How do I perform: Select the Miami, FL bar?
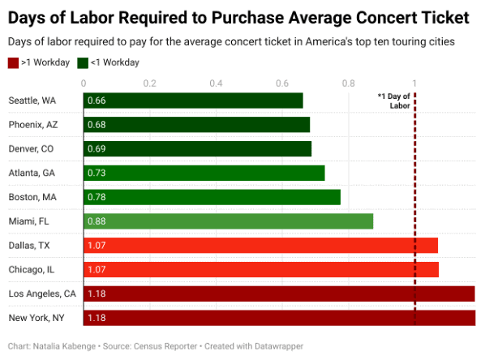228,221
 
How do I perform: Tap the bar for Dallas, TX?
260,245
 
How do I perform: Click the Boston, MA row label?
32,197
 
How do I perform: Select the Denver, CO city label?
32,149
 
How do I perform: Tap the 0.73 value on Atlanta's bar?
97,174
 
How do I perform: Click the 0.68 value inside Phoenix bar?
97,125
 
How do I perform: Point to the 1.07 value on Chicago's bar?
97,269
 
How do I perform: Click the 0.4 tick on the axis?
216,83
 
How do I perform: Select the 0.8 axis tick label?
348,83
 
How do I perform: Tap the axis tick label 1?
414,83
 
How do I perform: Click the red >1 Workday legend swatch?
12,62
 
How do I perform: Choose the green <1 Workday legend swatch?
83,62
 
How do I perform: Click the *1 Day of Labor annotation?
394,101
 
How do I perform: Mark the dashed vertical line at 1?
415,203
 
